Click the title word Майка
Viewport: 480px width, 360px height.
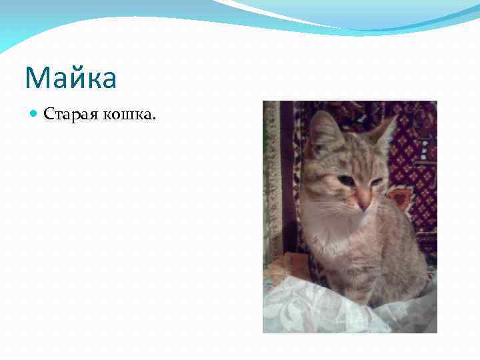(x=71, y=78)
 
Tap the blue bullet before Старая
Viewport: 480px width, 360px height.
(x=35, y=115)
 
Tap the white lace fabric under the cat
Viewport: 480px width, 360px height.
(x=313, y=307)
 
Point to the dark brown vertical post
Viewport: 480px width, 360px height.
(x=289, y=173)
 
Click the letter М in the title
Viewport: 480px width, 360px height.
(x=36, y=78)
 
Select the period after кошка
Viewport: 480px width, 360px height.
(x=154, y=119)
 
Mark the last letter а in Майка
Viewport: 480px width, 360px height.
(x=107, y=80)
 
